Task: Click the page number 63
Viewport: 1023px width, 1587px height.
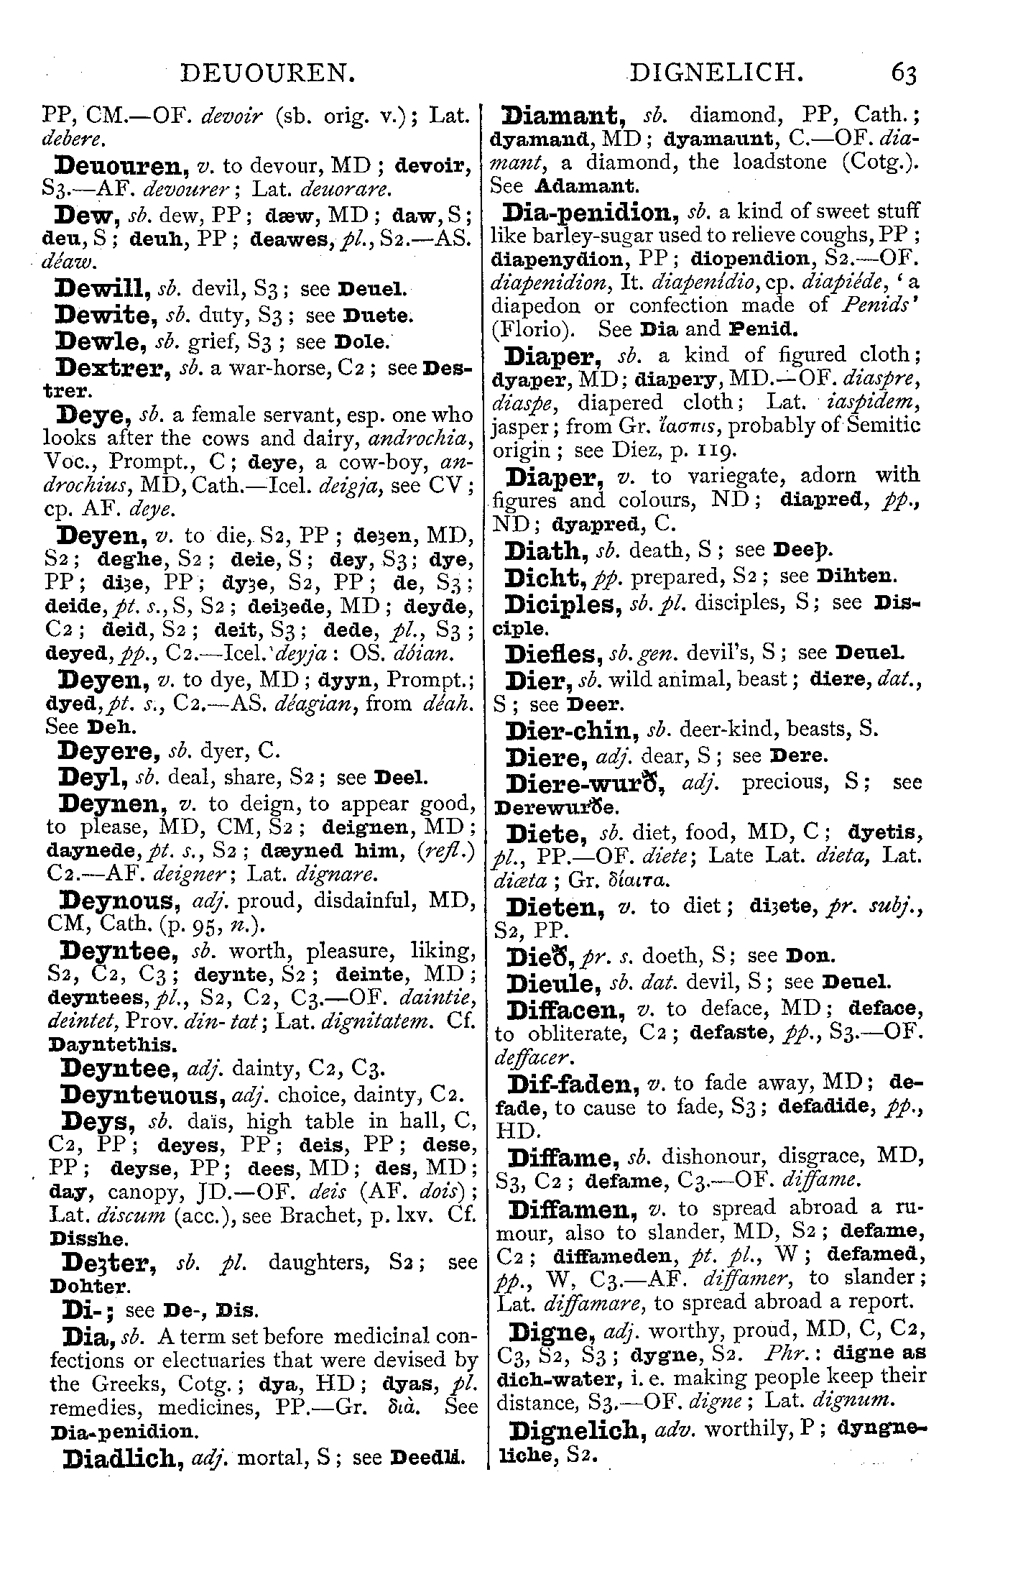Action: (x=904, y=74)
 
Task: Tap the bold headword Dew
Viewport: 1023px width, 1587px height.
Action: (x=87, y=214)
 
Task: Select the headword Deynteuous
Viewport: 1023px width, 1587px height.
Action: (x=141, y=1095)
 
